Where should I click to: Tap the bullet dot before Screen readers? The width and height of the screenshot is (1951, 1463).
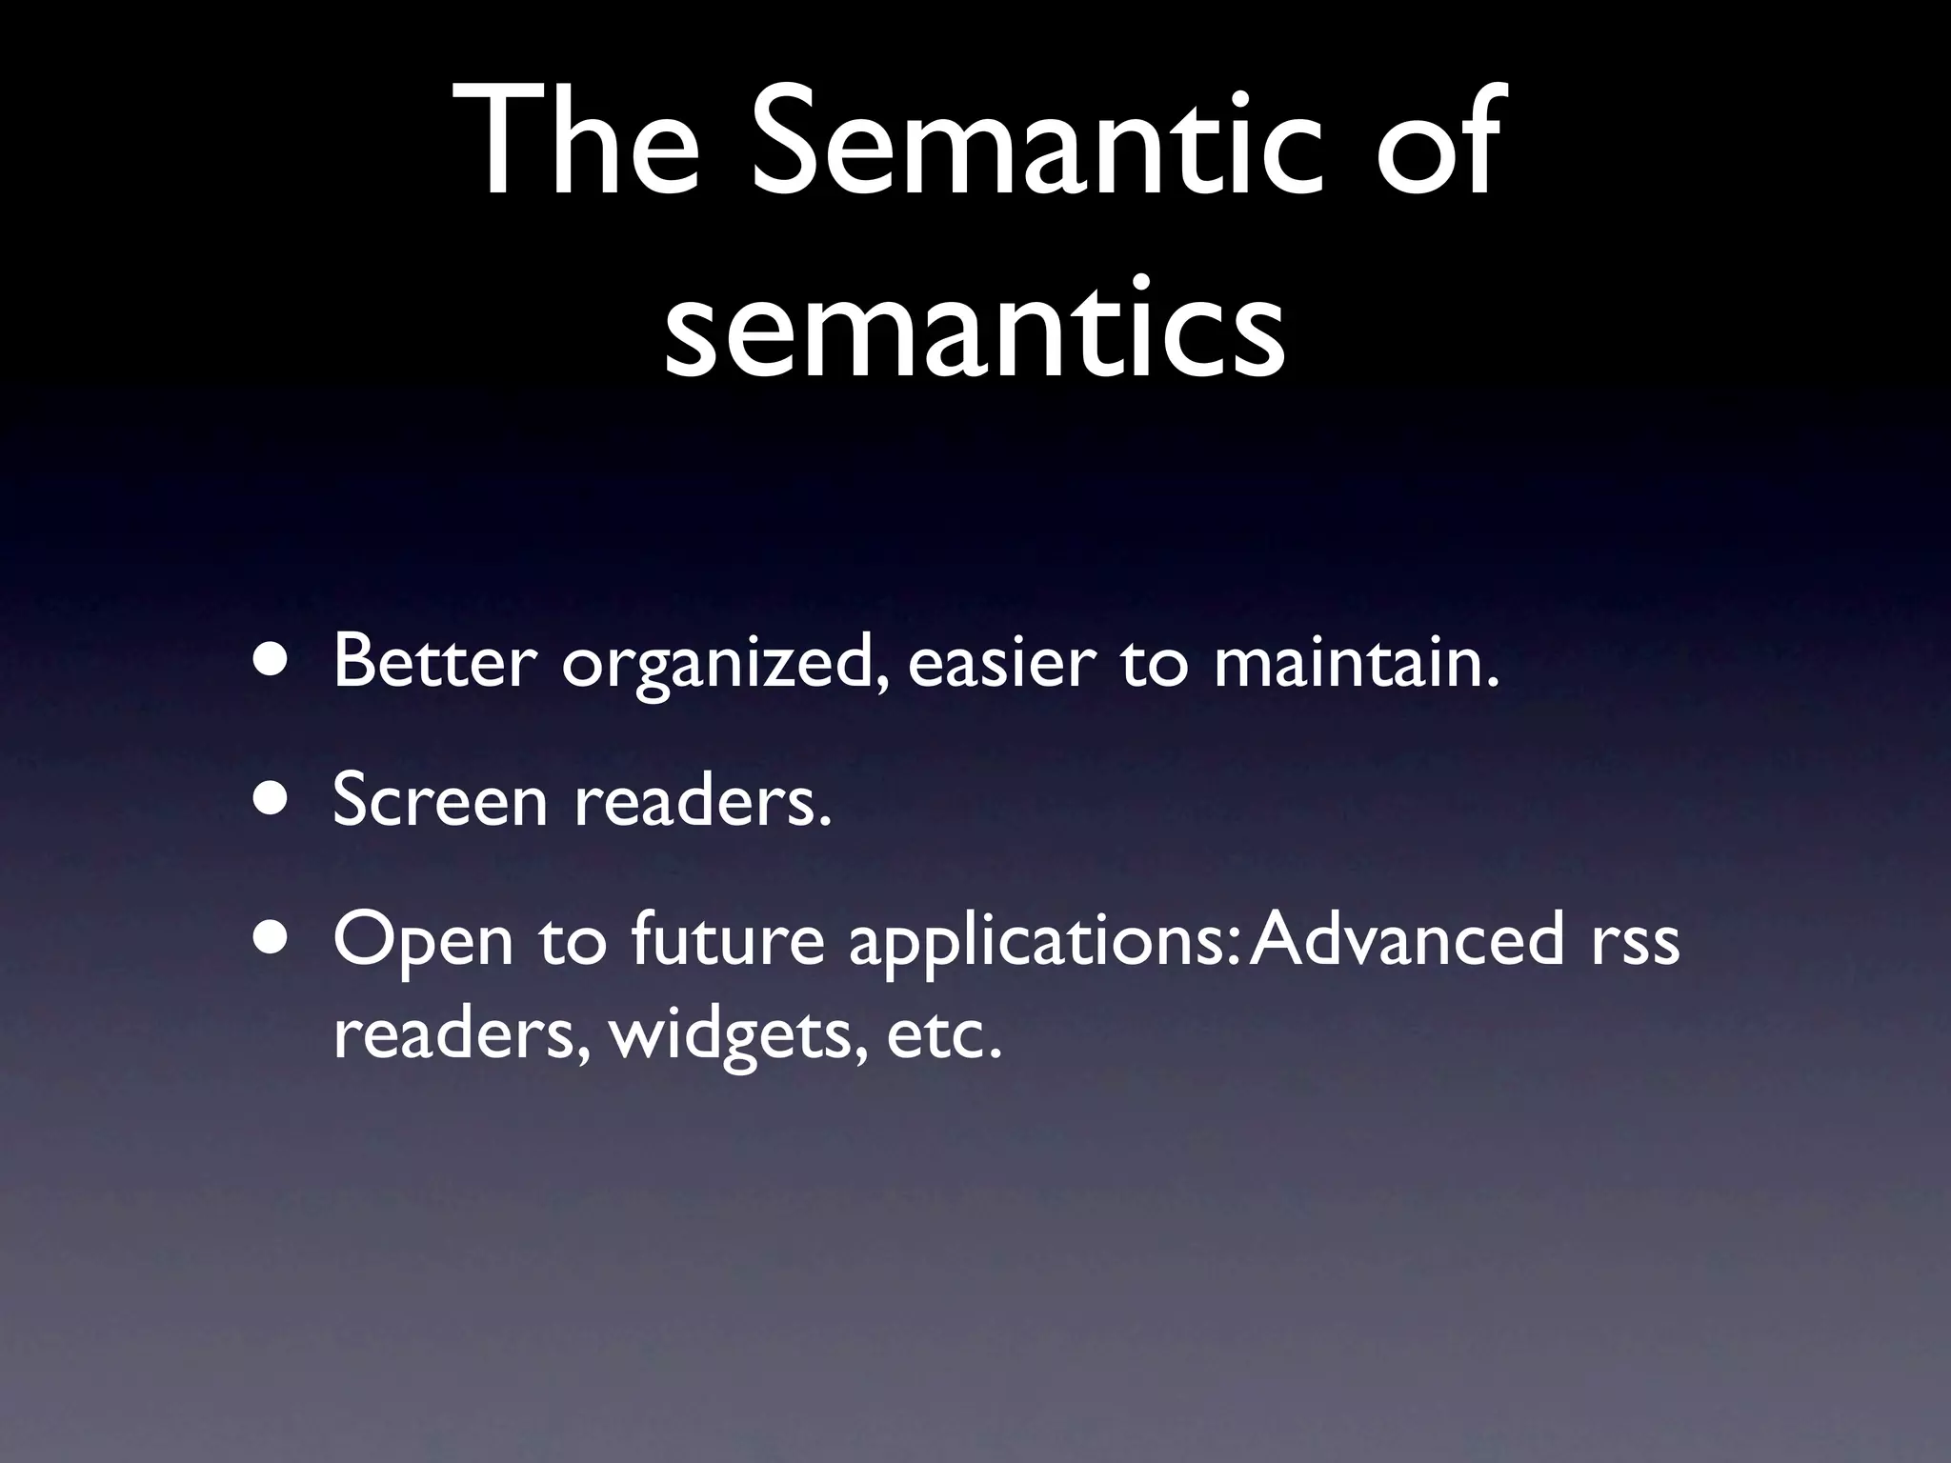[273, 800]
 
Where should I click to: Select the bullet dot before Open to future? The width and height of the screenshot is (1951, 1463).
[273, 938]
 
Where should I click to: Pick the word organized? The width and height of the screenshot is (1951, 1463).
[727, 667]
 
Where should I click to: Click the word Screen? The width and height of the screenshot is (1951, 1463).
[440, 800]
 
